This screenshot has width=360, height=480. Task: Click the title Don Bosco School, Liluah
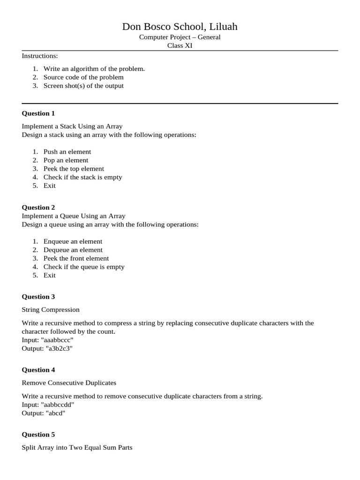click(180, 27)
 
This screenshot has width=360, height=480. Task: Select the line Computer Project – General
click(180, 37)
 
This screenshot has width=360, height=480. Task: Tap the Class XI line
click(180, 45)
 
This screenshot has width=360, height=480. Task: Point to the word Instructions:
click(40, 56)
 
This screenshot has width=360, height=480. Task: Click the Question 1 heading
click(38, 113)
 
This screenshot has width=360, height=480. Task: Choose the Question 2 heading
click(38, 207)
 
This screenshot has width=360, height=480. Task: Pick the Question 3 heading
click(38, 296)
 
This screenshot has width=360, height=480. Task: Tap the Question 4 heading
click(38, 369)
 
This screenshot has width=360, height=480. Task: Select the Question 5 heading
click(38, 434)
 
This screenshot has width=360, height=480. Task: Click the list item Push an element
click(67, 151)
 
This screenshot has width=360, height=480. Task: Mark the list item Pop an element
click(66, 160)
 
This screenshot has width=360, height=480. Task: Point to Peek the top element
click(74, 168)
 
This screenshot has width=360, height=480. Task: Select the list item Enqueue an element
click(73, 241)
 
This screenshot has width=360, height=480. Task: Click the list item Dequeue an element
click(73, 249)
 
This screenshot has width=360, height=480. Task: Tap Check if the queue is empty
click(84, 266)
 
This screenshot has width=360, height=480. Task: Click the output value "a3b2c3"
click(59, 348)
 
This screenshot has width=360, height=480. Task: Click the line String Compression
click(51, 309)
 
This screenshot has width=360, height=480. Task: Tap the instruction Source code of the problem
click(83, 77)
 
